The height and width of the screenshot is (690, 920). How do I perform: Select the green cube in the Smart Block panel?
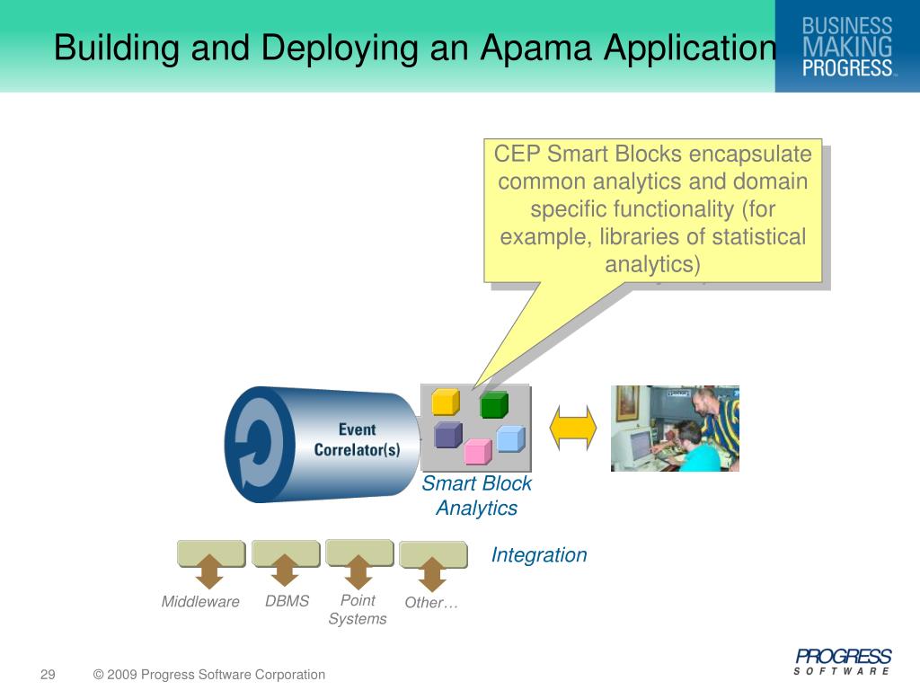click(x=494, y=405)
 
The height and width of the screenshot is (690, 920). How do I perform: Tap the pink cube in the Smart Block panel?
click(x=478, y=451)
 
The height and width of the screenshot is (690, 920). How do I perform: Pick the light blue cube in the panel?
click(x=509, y=438)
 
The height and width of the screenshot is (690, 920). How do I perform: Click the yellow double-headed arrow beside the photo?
click(x=573, y=428)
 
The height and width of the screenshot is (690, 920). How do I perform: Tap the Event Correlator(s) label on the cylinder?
click(x=357, y=439)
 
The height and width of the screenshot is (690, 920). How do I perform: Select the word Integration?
click(x=539, y=555)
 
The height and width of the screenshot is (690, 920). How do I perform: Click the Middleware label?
click(x=200, y=602)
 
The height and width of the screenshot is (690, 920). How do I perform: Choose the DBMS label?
click(x=287, y=601)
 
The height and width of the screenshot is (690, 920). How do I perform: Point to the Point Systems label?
click(x=358, y=609)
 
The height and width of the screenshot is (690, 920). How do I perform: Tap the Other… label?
click(x=432, y=603)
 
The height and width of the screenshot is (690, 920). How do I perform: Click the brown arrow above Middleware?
click(x=209, y=571)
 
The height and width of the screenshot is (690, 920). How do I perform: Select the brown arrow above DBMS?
click(x=285, y=571)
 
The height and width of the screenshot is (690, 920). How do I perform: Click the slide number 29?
click(x=48, y=675)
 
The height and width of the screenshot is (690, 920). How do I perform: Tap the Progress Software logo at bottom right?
click(x=843, y=661)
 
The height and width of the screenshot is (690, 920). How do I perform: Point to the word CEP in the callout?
click(x=517, y=155)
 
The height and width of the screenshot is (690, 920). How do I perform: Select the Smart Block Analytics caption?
click(x=477, y=496)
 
